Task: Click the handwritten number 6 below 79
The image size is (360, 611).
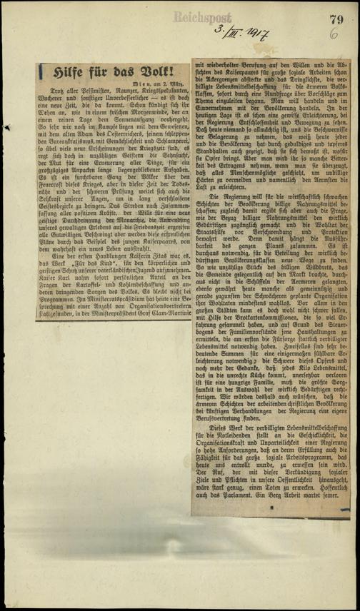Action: [x=334, y=33]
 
